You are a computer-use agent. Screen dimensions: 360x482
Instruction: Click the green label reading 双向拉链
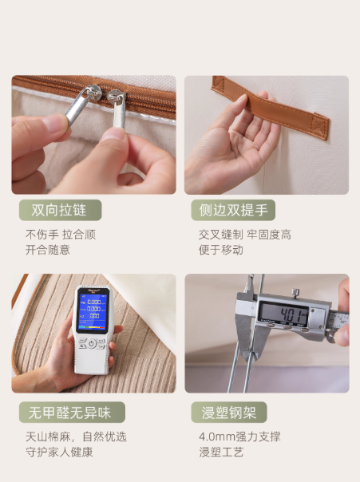pos(60,210)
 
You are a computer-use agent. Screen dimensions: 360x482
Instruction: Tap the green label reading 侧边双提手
pos(233,210)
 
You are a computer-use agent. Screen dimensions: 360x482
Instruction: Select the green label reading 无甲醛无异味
pos(72,413)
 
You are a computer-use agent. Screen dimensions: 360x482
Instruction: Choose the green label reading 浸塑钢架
pos(229,413)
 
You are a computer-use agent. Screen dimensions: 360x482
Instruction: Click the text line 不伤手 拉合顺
pos(61,235)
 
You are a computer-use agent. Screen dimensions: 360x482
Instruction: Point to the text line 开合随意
pos(48,250)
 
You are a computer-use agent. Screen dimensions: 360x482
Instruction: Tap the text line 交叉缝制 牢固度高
pos(245,235)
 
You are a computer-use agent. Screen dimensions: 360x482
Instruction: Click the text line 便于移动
pos(221,250)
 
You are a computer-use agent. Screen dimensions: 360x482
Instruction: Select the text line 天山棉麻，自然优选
pos(76,437)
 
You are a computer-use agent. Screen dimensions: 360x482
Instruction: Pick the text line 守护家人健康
pos(59,452)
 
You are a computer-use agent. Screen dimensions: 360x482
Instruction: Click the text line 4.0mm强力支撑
pos(239,437)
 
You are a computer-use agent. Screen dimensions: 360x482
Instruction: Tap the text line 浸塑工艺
pos(221,452)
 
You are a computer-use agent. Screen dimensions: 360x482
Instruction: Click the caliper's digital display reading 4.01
pos(283,313)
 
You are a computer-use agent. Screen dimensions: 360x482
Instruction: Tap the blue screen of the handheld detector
pos(92,310)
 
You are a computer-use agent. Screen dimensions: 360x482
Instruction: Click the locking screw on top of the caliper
pos(295,293)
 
